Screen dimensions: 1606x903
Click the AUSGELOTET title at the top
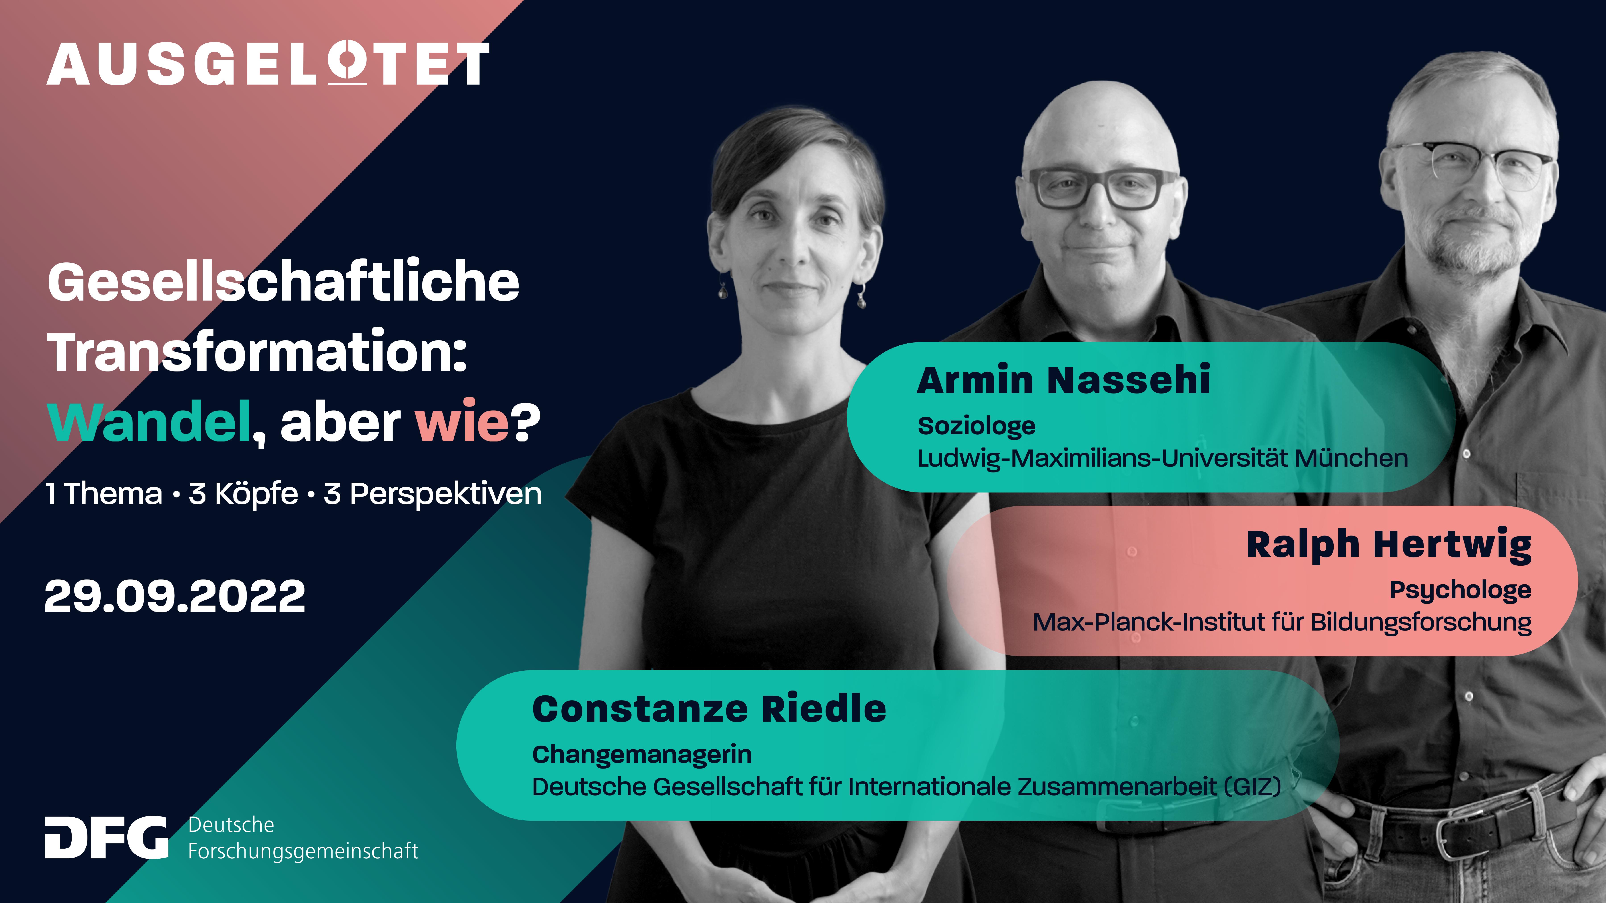(x=268, y=64)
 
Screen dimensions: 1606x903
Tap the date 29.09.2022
(x=175, y=596)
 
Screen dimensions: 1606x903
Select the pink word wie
(x=463, y=422)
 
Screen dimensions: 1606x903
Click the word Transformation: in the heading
(x=257, y=352)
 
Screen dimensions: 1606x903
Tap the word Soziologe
(x=976, y=426)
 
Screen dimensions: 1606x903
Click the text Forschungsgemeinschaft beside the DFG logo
(x=303, y=851)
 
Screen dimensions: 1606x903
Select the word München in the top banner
(x=1351, y=458)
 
